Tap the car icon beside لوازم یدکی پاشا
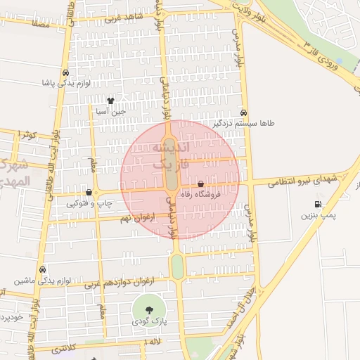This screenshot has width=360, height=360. tap(65, 73)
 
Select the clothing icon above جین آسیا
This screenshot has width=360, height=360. tap(110, 101)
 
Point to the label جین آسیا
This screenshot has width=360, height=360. tap(112, 110)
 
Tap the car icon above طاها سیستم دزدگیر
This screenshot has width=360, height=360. tap(243, 112)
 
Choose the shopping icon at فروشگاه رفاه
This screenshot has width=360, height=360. tap(202, 184)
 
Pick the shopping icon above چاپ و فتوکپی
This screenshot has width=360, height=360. tap(89, 192)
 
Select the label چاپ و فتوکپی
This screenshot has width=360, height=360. tap(88, 203)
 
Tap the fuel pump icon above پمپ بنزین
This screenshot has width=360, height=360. tap(317, 205)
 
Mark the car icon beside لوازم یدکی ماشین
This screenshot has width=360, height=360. tap(43, 269)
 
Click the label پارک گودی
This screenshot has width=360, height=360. tap(148, 321)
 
